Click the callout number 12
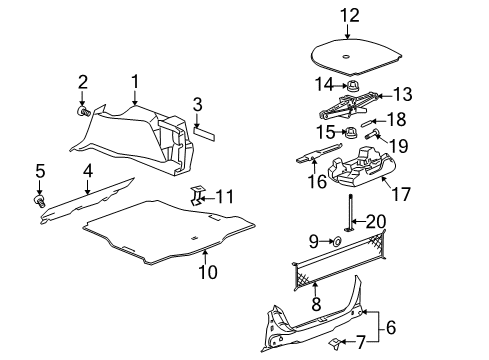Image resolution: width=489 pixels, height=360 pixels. coord(348,15)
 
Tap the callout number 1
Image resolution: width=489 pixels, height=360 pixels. coord(135,81)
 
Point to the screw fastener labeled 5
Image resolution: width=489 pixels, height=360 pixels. coord(41,201)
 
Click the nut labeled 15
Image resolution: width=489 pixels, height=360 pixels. coord(353,131)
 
